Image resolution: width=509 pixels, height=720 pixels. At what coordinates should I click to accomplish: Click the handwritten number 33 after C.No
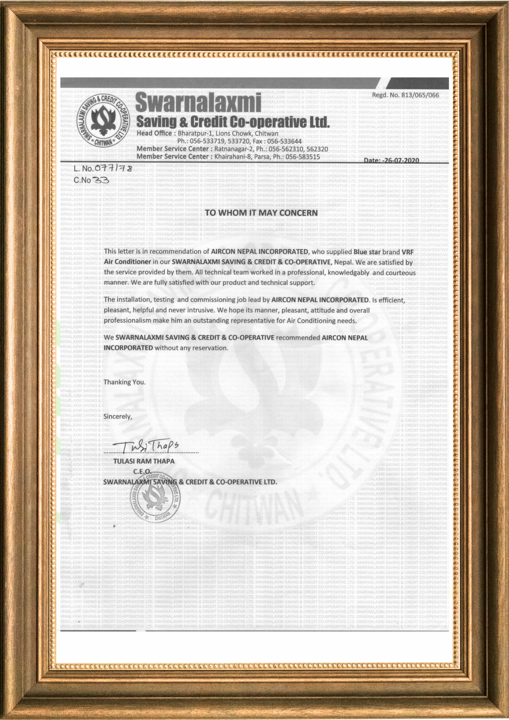[100, 180]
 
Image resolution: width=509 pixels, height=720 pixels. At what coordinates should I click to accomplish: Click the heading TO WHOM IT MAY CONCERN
[261, 213]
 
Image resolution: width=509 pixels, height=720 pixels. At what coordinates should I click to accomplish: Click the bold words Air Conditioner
[127, 262]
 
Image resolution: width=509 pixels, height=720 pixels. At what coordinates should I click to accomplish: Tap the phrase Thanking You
[125, 382]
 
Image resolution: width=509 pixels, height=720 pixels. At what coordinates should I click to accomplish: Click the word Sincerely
[118, 417]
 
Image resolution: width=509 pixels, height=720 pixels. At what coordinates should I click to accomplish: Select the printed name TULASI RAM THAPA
[144, 461]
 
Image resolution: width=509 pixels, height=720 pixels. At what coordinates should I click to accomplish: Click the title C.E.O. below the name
[143, 471]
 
